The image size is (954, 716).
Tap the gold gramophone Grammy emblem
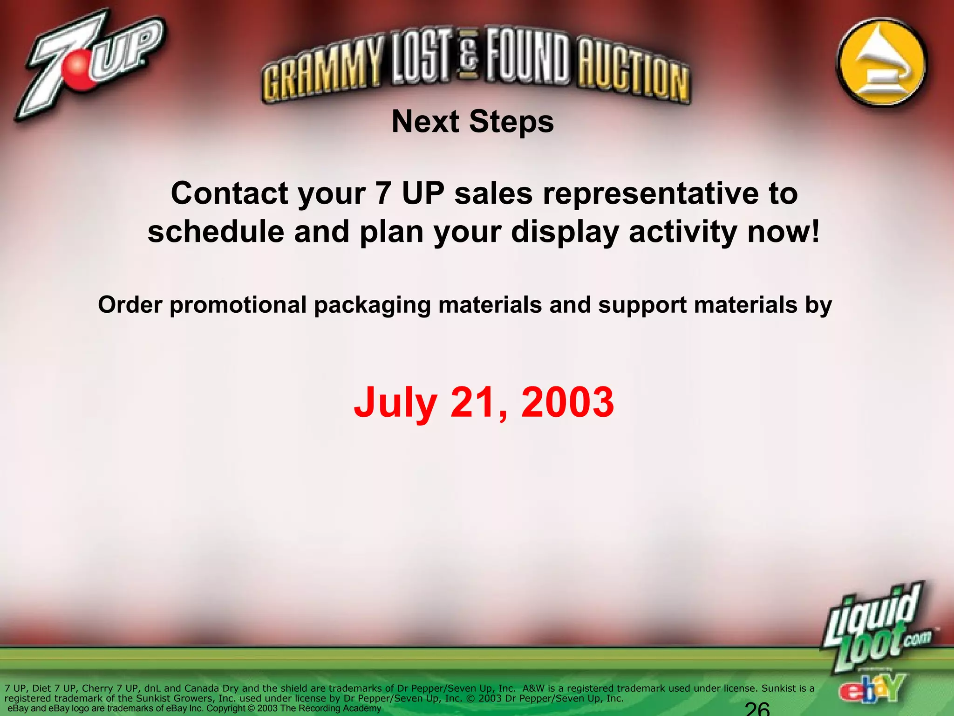882,64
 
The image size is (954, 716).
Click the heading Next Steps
473,122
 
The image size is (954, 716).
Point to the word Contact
228,193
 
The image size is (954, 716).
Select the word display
566,232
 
